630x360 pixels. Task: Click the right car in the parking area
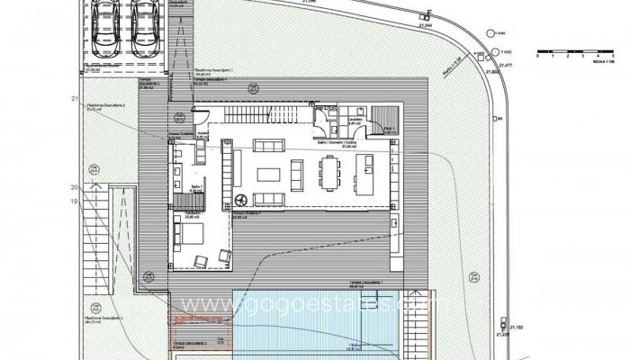point(145,23)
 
